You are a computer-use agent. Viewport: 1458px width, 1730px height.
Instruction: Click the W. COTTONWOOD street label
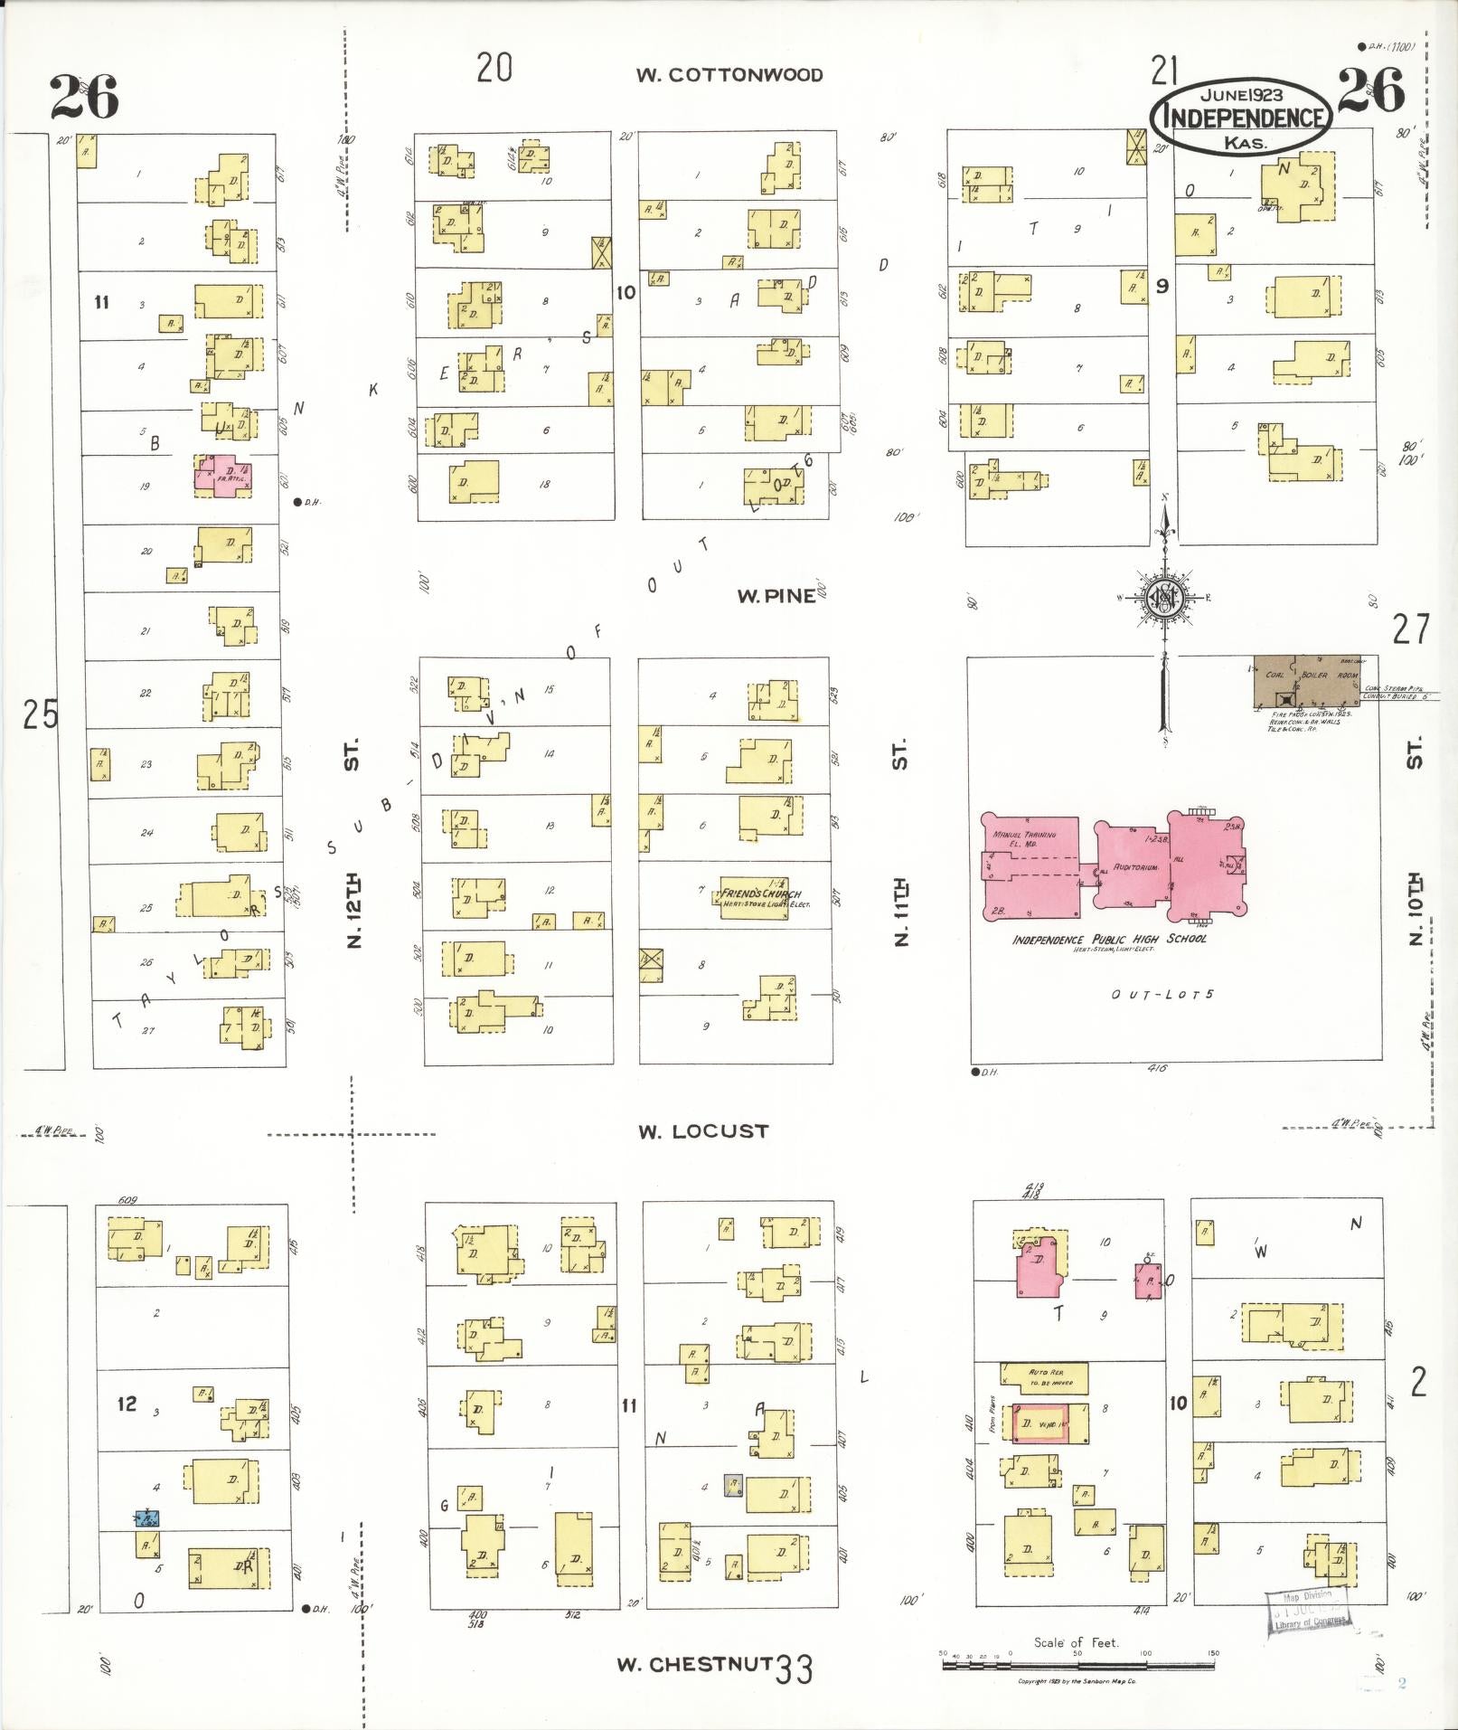tap(729, 75)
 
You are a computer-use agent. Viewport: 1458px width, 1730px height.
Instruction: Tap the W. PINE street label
tap(776, 596)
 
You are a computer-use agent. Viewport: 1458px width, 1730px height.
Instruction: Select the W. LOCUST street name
tap(703, 1131)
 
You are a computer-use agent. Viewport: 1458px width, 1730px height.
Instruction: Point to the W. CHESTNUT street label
tap(693, 1664)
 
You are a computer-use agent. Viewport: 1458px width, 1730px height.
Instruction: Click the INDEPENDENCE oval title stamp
tap(1241, 117)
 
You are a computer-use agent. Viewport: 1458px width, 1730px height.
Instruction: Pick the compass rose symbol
tap(1163, 598)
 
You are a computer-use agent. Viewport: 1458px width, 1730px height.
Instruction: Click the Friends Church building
tap(760, 897)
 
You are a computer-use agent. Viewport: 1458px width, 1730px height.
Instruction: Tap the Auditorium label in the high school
tap(1135, 867)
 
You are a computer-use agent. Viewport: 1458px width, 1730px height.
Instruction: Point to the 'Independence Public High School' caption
tap(1109, 939)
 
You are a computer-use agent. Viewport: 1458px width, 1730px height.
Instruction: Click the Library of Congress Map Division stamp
tap(1307, 1610)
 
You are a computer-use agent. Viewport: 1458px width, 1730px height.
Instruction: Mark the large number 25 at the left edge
tap(40, 714)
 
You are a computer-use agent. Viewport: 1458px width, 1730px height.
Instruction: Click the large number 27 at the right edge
tap(1411, 629)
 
